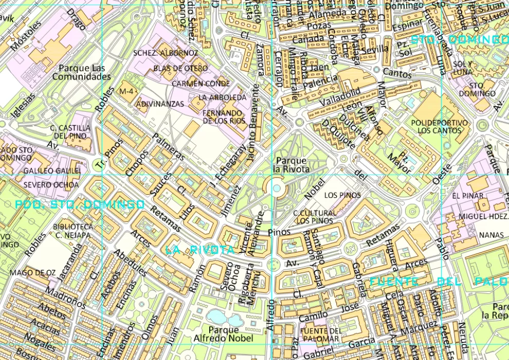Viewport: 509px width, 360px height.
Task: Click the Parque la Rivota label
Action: point(292,165)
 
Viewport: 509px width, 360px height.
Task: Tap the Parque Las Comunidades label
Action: point(81,73)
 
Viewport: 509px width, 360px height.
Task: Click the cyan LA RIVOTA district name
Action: point(200,250)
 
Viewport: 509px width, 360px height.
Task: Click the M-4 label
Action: point(126,91)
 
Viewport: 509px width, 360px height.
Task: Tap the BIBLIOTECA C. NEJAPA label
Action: point(74,231)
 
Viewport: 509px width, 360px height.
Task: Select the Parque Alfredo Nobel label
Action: point(223,334)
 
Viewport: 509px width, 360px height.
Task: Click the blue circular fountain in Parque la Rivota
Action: point(277,188)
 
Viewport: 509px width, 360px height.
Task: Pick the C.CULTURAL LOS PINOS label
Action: point(315,217)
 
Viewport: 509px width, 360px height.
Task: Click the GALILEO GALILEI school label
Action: point(52,171)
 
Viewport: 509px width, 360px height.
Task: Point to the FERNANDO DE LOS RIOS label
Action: point(223,117)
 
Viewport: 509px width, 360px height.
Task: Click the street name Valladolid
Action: point(340,96)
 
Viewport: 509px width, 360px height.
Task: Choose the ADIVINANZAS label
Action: point(160,104)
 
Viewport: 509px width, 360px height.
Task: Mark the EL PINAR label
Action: point(468,196)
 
